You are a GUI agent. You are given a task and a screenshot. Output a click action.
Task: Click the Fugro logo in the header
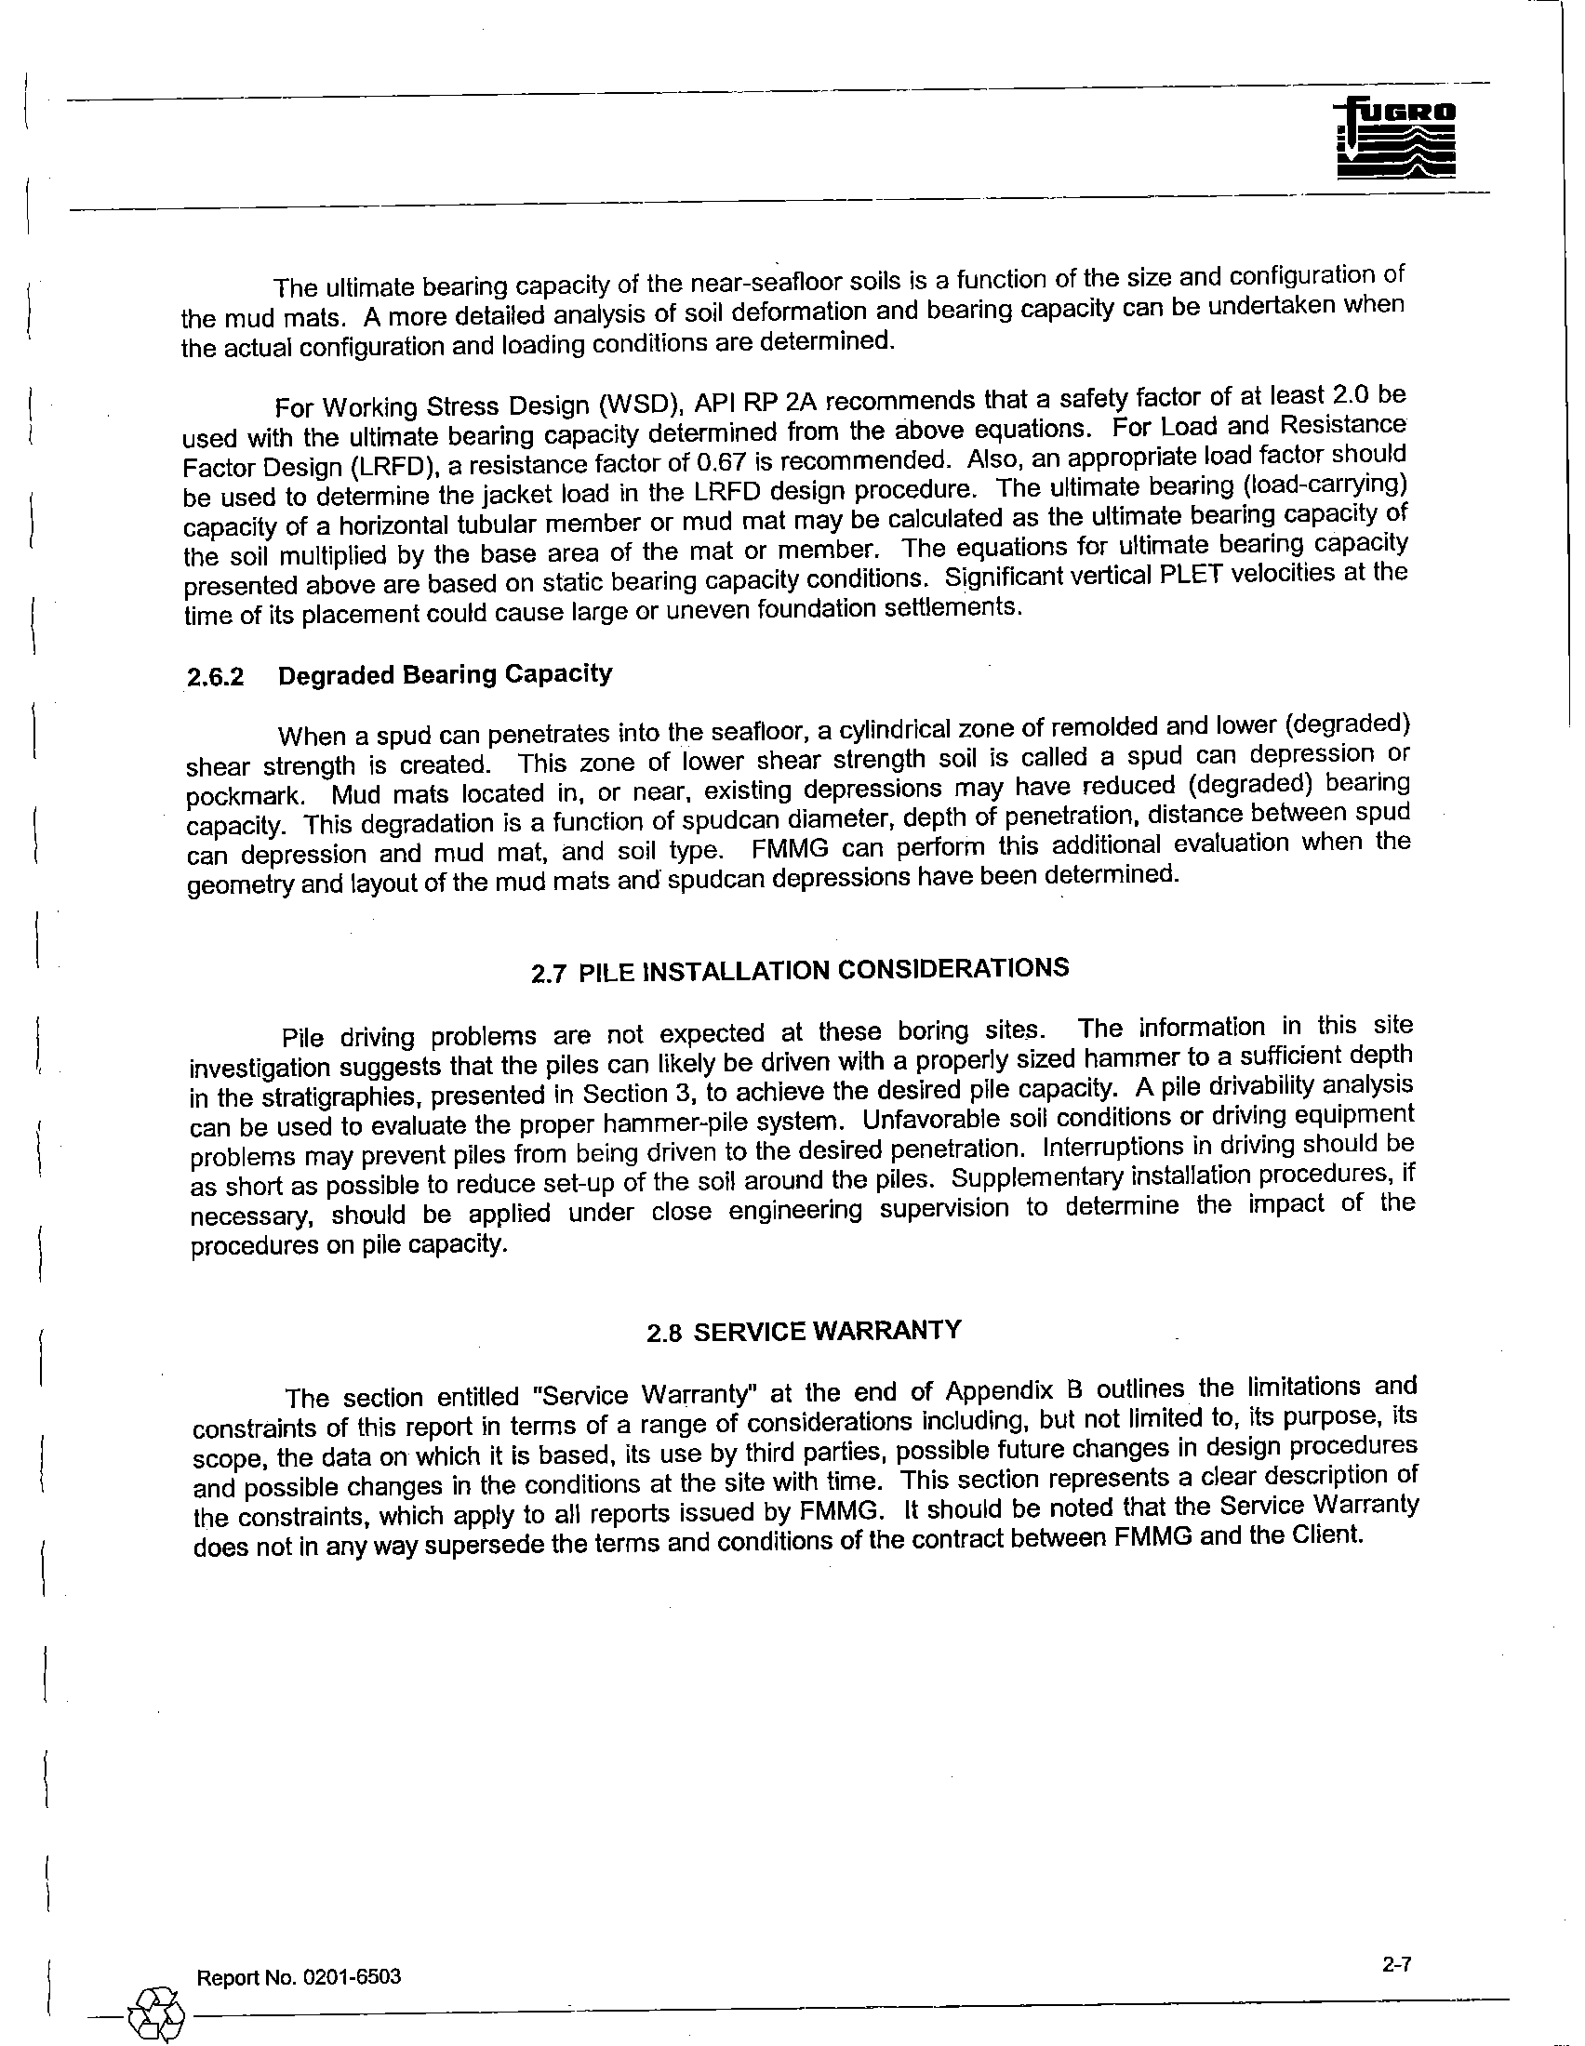pos(1397,138)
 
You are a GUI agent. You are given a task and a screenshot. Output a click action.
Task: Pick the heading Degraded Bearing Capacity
pos(445,674)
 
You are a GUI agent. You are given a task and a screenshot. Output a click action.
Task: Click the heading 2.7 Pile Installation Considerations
pos(800,971)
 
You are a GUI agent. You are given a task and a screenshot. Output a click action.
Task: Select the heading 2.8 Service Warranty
pos(804,1331)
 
